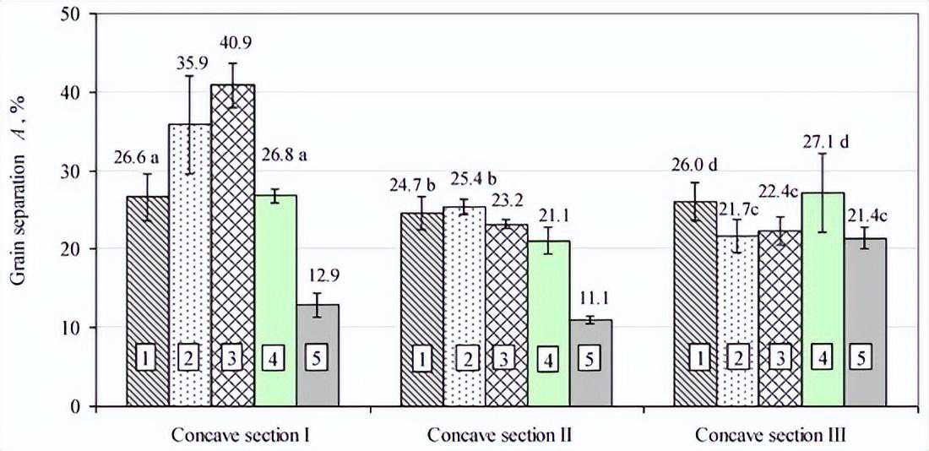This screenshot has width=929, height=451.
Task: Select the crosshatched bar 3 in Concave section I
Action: coord(233,246)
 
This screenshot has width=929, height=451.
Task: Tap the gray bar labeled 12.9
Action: coord(317,356)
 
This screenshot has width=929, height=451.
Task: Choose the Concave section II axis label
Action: coord(499,436)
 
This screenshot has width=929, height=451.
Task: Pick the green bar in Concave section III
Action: coord(823,299)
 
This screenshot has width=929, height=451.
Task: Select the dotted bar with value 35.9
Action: coord(190,265)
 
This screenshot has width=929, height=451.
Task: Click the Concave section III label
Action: coord(771,436)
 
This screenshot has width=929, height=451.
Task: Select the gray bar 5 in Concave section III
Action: coord(865,323)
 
